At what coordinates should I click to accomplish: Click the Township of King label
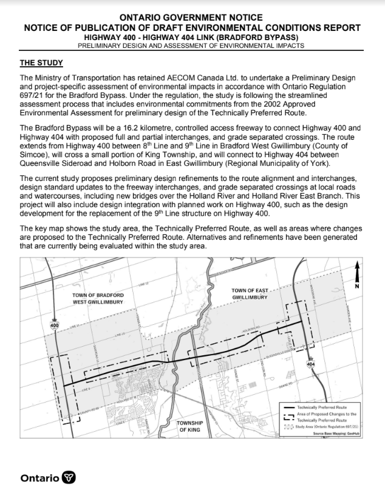(x=190, y=426)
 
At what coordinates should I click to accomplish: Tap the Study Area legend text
(x=329, y=427)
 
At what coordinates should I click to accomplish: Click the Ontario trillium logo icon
(x=70, y=478)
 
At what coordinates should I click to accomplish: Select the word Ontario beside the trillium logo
(x=40, y=478)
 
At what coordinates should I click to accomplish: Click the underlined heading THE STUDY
(x=41, y=63)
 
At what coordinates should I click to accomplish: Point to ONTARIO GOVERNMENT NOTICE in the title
(x=192, y=19)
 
